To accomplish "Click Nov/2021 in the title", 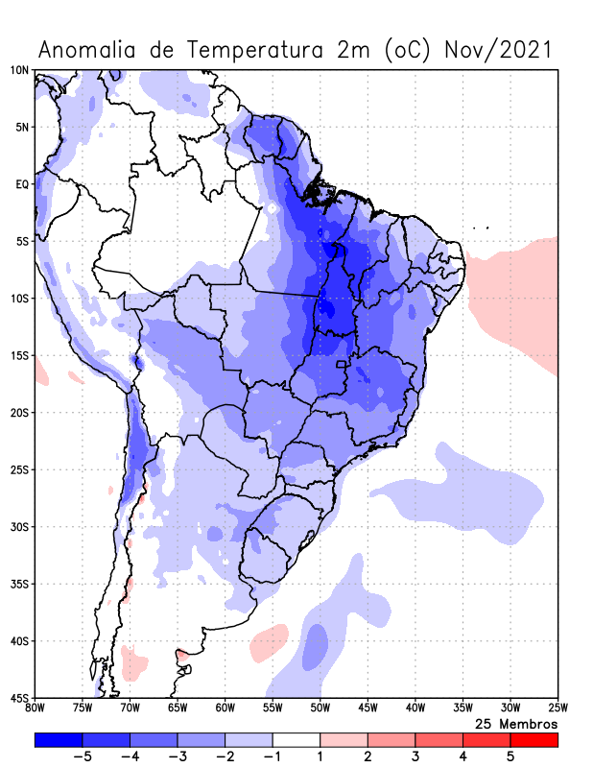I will [x=498, y=50].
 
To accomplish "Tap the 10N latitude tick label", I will [x=19, y=70].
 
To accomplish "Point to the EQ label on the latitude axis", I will [x=22, y=184].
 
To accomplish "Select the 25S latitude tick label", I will [x=19, y=469].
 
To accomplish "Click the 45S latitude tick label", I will [x=19, y=698].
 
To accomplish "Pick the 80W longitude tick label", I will [x=35, y=708].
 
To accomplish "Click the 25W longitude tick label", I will [x=557, y=708].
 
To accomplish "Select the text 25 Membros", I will [x=516, y=723].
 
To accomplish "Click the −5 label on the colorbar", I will [x=82, y=756].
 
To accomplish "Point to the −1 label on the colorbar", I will [x=272, y=756].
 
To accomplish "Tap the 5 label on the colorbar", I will [x=510, y=756].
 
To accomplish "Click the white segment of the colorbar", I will [x=296, y=740].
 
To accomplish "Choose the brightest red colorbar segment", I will [x=534, y=740].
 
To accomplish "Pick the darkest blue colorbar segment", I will [x=58, y=740].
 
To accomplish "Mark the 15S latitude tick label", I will [x=19, y=355].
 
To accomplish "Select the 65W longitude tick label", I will [x=177, y=708].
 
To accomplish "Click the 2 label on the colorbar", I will [x=368, y=756].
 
